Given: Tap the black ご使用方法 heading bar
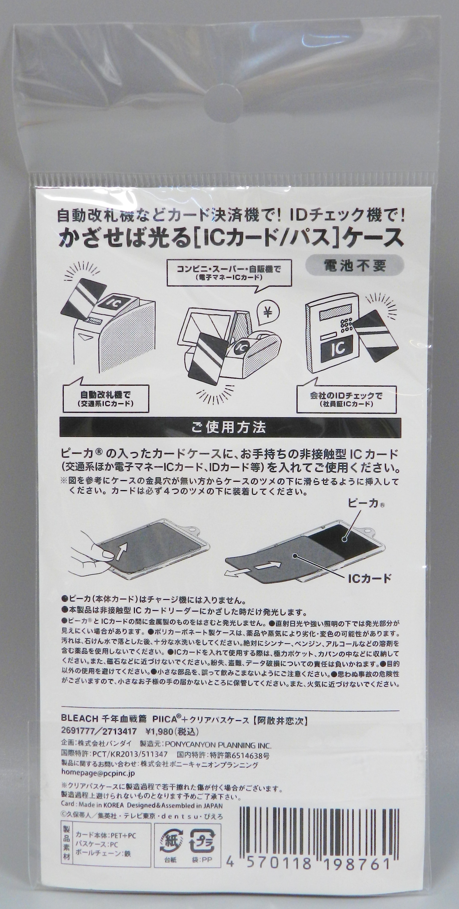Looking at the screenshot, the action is point(230,428).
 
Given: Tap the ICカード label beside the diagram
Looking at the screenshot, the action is point(369,579).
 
